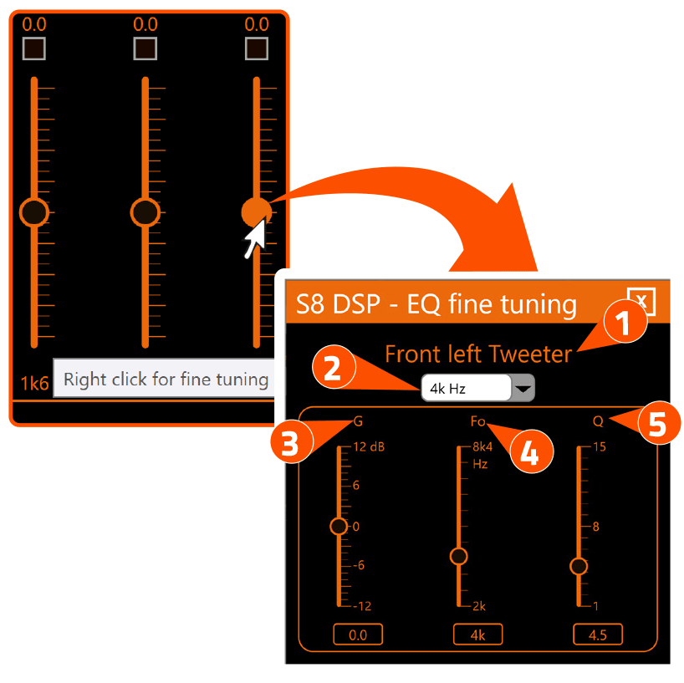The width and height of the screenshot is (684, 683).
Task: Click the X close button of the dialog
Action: pos(641,301)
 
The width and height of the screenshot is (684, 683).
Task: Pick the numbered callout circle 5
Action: pos(658,425)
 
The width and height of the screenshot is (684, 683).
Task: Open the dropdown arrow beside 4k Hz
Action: pos(523,388)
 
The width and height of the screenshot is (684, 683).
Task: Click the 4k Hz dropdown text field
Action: pos(465,388)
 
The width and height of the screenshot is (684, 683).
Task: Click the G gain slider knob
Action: pos(339,526)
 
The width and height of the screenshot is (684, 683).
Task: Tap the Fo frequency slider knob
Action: pos(458,556)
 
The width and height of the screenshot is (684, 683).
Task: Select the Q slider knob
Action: pos(579,566)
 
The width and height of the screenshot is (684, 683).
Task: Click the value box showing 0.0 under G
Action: pos(358,635)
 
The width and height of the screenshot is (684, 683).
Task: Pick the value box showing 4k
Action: pos(478,635)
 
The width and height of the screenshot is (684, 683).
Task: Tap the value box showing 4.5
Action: pos(598,635)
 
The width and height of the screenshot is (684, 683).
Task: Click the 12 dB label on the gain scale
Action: pos(369,446)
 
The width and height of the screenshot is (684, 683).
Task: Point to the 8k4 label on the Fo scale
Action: pos(482,446)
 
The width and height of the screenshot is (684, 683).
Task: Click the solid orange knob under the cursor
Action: pos(255,212)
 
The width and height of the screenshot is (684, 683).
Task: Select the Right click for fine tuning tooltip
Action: pos(166,380)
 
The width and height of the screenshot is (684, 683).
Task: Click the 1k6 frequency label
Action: pos(35,383)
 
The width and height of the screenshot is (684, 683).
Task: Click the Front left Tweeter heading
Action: pos(477,354)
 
